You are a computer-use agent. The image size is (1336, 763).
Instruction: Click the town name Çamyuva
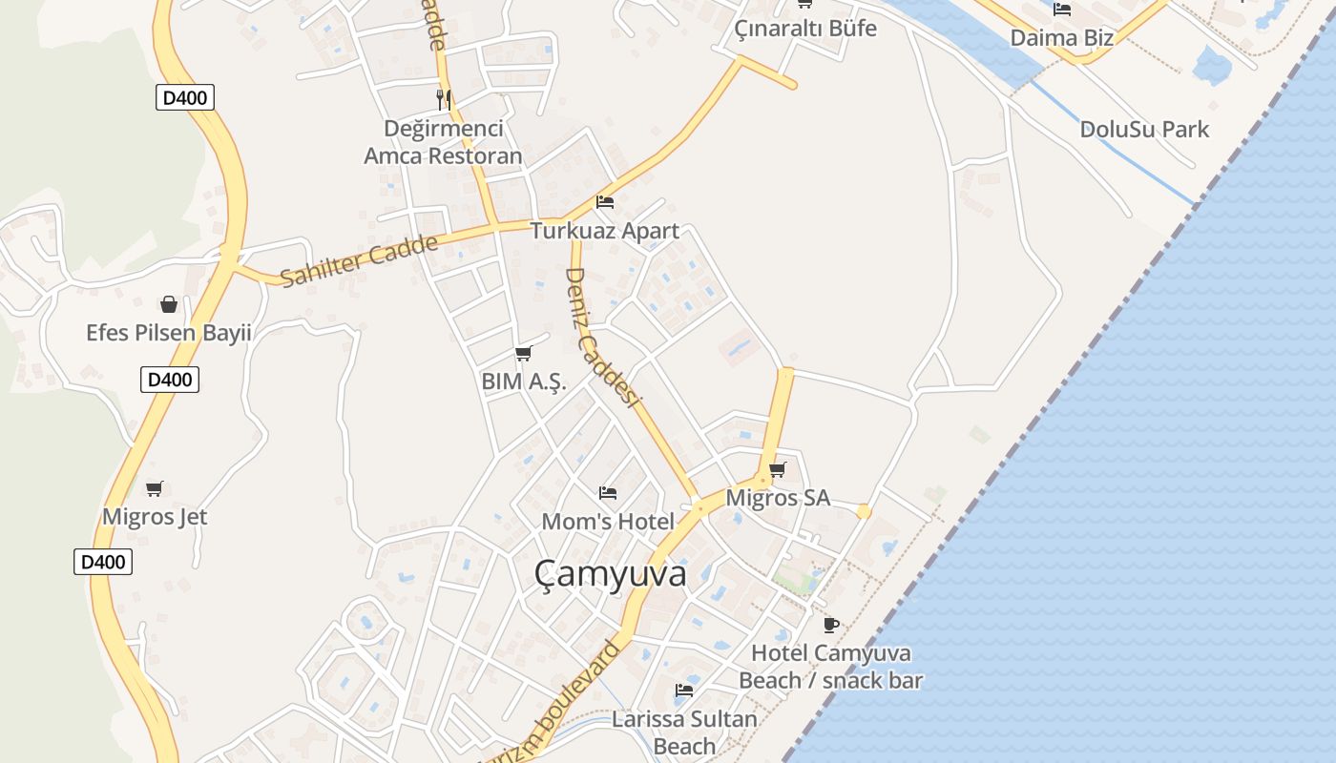coord(610,574)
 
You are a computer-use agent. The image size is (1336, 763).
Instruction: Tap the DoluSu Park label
coord(1144,130)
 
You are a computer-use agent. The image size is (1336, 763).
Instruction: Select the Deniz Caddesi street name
coord(601,336)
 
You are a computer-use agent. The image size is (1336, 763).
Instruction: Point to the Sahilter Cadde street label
coord(359,259)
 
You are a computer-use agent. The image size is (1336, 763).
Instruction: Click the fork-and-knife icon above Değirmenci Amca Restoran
coord(443,98)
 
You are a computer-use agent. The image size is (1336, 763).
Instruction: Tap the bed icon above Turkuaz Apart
coord(605,202)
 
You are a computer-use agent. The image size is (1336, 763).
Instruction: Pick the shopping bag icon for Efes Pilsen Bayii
coord(169,304)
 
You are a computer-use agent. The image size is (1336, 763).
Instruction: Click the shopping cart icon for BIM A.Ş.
coord(523,354)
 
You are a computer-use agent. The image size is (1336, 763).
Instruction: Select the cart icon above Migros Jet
coord(155,489)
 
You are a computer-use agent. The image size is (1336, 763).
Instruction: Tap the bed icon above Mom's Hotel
coord(608,493)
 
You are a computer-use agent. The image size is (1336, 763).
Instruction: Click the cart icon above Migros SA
coord(778,469)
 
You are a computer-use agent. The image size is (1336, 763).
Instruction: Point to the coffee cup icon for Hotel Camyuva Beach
coord(831,625)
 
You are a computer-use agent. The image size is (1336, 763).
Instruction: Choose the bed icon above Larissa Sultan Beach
coord(684,690)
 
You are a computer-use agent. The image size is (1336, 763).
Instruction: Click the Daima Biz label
coord(1061,38)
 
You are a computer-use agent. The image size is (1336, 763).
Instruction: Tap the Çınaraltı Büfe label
coord(805,29)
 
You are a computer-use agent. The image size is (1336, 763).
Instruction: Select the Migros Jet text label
coord(155,517)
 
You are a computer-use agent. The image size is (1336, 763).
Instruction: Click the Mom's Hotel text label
coord(608,522)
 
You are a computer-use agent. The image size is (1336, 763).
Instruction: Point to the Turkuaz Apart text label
coord(605,231)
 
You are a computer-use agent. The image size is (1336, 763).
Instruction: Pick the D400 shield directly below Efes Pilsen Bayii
coord(170,380)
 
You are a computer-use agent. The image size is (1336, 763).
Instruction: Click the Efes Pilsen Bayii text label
coord(169,333)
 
